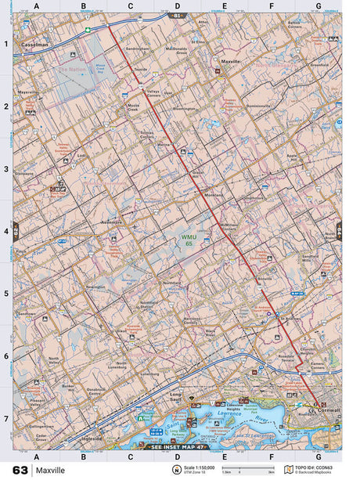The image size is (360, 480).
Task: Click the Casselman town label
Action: pos(36,45)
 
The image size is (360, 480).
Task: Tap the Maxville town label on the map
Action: pos(231,60)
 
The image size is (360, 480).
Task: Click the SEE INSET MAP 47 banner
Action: pos(175,446)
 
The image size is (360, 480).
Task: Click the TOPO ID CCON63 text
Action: pos(316,467)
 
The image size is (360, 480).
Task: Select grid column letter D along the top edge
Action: pos(177,6)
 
